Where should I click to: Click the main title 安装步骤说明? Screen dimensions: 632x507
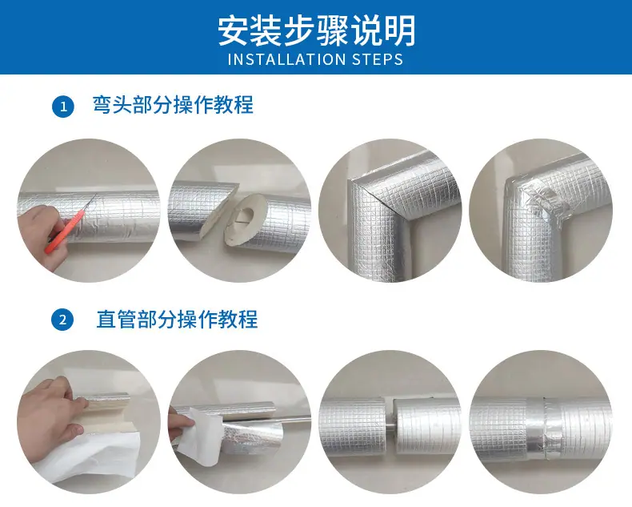tap(317, 30)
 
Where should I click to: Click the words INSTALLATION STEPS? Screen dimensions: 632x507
tap(315, 59)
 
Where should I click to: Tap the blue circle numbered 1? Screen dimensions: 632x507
tap(63, 107)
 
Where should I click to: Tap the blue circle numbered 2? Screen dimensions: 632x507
tap(63, 320)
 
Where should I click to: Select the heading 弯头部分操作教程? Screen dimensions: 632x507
tap(173, 105)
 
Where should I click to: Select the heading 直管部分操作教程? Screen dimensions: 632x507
tap(177, 319)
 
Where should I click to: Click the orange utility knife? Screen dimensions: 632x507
tap(70, 224)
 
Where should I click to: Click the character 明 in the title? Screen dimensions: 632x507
tap(400, 30)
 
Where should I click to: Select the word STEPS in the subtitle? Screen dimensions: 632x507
tap(378, 59)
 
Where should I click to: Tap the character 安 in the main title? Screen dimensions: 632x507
tap(233, 30)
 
